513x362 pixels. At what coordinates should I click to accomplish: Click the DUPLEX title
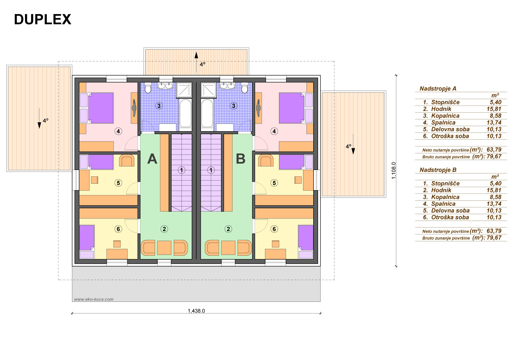pos(43,20)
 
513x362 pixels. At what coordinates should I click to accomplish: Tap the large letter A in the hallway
pos(152,159)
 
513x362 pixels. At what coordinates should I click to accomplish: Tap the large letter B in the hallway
pos(240,159)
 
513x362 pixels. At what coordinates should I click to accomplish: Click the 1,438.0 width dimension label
pos(196,311)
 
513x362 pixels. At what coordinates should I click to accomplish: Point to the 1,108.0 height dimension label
pos(394,171)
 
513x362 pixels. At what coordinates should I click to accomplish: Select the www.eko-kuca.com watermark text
pos(94,299)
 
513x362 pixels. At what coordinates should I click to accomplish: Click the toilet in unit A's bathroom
pos(148,88)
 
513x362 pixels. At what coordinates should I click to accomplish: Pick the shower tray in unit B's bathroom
pos(208,90)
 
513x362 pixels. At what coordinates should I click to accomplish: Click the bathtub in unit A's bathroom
pos(185,113)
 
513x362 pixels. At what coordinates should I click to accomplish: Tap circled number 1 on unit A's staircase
pos(181,170)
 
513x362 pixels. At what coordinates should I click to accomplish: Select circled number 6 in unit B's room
pos(274,229)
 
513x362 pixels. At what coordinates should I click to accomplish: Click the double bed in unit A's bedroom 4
pos(101,108)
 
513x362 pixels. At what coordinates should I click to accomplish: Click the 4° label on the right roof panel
pos(348,146)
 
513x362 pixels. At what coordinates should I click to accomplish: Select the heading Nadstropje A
pos(438,88)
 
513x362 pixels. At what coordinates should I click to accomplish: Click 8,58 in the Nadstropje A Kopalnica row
pos(496,116)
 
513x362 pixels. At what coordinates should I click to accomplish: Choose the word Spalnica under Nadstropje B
pos(443,204)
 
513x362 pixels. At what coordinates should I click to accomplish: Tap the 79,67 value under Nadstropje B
pos(494,237)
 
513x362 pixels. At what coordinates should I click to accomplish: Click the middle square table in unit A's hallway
pos(164,248)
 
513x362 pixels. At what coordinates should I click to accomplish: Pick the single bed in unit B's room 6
pos(306,242)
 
